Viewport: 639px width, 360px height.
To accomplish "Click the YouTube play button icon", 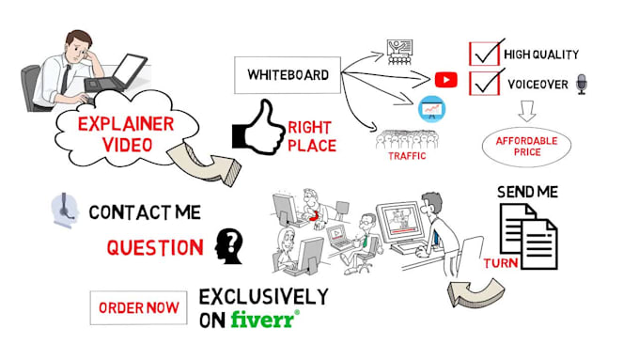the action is [x=445, y=80].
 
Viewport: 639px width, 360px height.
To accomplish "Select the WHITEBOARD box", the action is [x=288, y=74].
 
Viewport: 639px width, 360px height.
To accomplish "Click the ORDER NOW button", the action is [x=140, y=307].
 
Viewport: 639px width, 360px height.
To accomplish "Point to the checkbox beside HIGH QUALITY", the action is [x=485, y=54].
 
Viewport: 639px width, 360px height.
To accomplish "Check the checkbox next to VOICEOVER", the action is [x=485, y=84].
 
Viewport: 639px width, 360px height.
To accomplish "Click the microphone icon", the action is [x=581, y=85].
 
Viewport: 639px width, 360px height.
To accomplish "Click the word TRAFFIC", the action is [x=408, y=157].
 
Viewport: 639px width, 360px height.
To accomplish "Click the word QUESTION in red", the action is [x=154, y=248].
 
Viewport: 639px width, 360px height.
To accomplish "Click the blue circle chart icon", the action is [x=431, y=109].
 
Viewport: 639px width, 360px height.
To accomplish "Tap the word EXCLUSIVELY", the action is [x=263, y=297].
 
